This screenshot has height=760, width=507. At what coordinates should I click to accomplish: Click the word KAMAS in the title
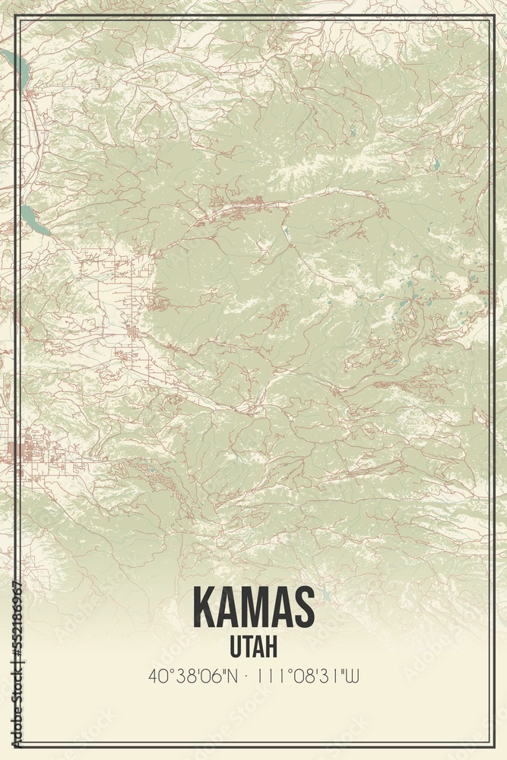coord(253,606)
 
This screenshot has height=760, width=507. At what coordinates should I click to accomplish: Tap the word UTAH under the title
coord(253,646)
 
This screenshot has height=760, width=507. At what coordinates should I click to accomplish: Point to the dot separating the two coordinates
coord(248,676)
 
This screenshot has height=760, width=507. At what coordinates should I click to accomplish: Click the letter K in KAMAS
coord(204,606)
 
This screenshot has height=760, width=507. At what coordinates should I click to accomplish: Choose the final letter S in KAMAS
coord(303,606)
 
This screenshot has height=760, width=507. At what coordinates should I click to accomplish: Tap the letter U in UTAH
coord(234,646)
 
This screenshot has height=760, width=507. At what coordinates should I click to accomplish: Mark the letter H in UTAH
coord(271,646)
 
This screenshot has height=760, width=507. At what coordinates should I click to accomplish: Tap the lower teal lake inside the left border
coord(33,220)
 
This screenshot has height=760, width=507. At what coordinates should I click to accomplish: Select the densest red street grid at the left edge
coord(23,448)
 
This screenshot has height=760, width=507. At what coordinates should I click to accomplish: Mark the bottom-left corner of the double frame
coord(14,745)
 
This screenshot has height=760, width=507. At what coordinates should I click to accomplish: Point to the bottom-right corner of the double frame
coord(493,745)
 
